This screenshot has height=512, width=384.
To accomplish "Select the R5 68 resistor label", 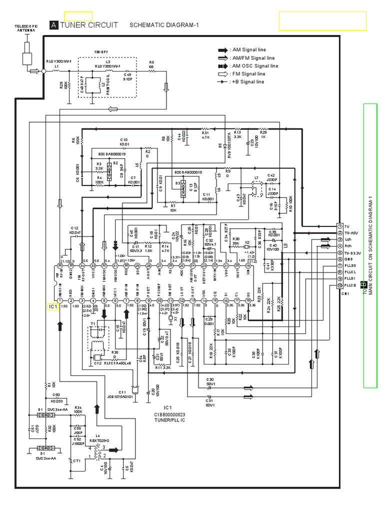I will tap(151, 64).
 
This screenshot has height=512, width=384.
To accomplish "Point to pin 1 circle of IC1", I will tap(60, 300).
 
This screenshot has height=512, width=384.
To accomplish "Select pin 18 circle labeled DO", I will tap(248, 300).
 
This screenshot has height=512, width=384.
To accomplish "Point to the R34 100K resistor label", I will tap(78, 410).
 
